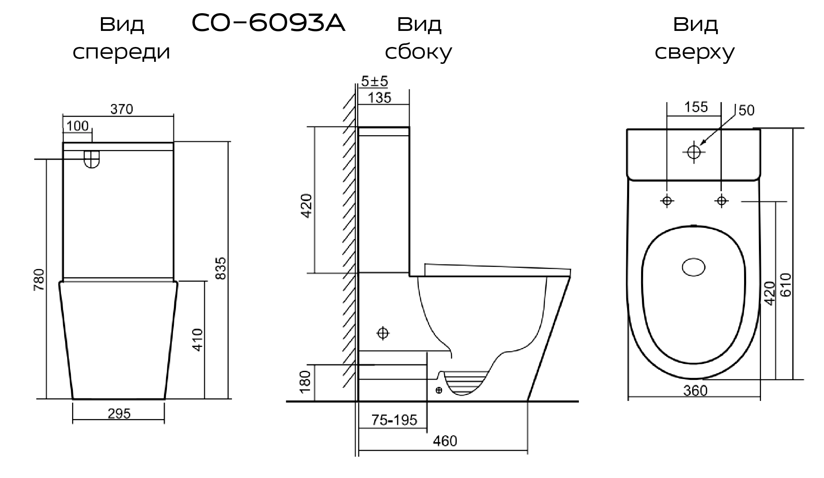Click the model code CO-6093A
click(x=268, y=24)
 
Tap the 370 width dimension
click(x=122, y=109)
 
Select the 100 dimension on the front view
click(x=77, y=126)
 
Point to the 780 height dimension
click(x=39, y=280)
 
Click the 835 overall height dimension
click(x=221, y=268)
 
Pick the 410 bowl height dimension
click(x=198, y=340)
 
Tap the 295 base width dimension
click(x=119, y=413)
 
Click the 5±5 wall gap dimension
click(x=375, y=81)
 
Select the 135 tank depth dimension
click(x=379, y=98)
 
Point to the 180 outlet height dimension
click(x=305, y=382)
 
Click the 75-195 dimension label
click(x=394, y=420)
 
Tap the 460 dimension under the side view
click(x=445, y=441)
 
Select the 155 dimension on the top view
click(x=696, y=107)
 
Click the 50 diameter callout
click(x=747, y=110)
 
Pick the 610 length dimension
click(x=786, y=284)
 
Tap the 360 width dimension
click(x=695, y=390)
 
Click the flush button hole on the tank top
click(x=694, y=152)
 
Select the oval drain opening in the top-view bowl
click(x=694, y=267)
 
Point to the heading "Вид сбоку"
click(x=419, y=38)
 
